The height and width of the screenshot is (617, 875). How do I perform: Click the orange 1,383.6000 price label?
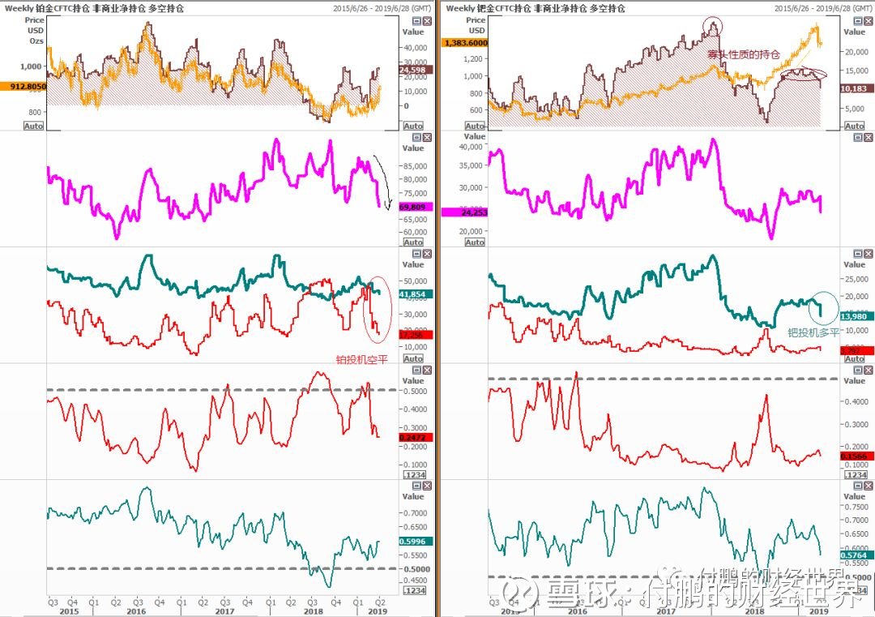(x=464, y=42)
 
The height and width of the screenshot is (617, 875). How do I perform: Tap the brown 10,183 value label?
(x=854, y=88)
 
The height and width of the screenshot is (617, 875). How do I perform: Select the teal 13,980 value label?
(x=854, y=315)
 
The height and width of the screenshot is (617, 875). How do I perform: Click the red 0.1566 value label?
(x=854, y=456)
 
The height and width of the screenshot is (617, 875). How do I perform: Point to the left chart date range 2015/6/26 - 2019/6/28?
(x=382, y=8)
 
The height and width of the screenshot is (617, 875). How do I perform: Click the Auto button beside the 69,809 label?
(x=413, y=242)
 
